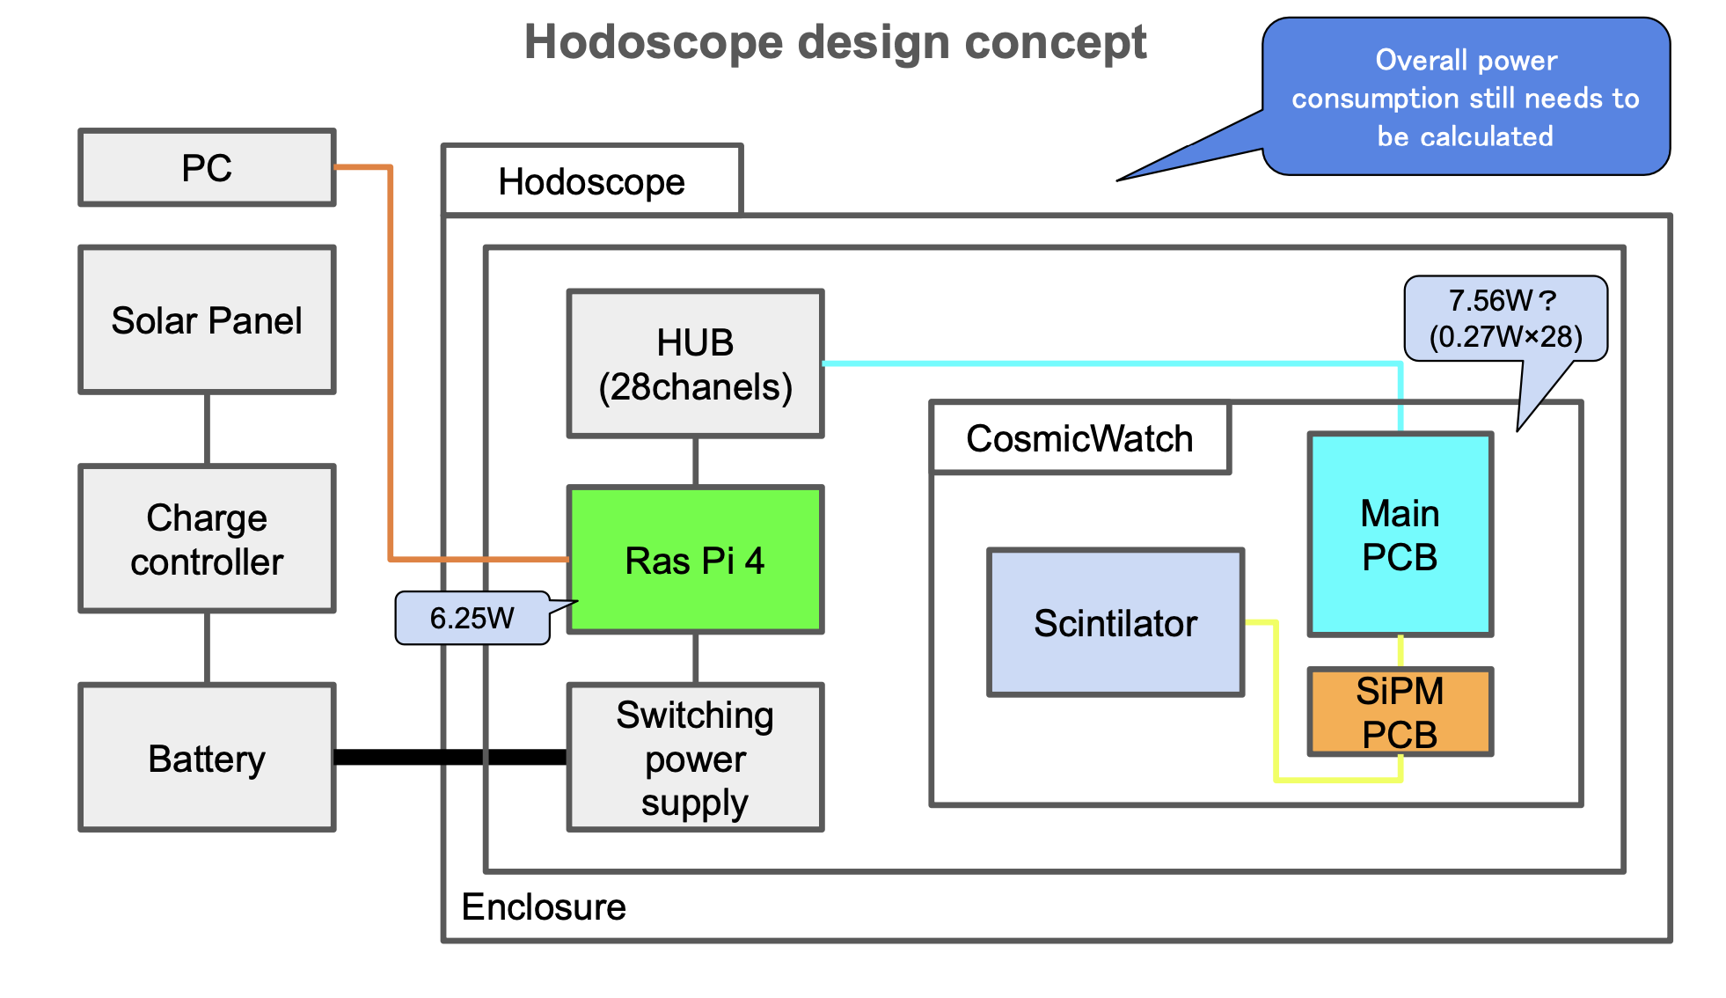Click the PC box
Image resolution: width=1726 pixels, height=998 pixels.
(207, 167)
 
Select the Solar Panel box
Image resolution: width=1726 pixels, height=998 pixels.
(207, 320)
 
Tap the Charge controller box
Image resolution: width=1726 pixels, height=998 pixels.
(207, 539)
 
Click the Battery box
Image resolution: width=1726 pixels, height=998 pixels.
(207, 758)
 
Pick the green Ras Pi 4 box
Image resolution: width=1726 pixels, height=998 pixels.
(695, 560)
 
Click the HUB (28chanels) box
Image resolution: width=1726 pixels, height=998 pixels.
(695, 363)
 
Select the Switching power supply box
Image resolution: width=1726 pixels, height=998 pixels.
(695, 758)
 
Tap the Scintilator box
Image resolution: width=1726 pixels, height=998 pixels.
(1115, 623)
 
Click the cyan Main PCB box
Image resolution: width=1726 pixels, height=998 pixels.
(1400, 534)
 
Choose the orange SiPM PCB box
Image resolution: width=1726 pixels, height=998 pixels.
(1400, 712)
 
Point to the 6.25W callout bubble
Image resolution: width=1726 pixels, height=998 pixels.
(472, 618)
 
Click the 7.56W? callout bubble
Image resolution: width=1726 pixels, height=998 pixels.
(1505, 319)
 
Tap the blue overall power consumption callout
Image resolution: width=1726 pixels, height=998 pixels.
(1466, 98)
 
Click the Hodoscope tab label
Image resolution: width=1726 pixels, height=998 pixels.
(592, 181)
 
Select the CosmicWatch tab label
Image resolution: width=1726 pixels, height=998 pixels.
(1079, 438)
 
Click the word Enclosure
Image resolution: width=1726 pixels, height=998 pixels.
(544, 906)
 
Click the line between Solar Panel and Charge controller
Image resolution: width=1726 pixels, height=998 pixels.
(207, 429)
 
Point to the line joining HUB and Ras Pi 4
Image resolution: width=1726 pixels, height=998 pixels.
(695, 461)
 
